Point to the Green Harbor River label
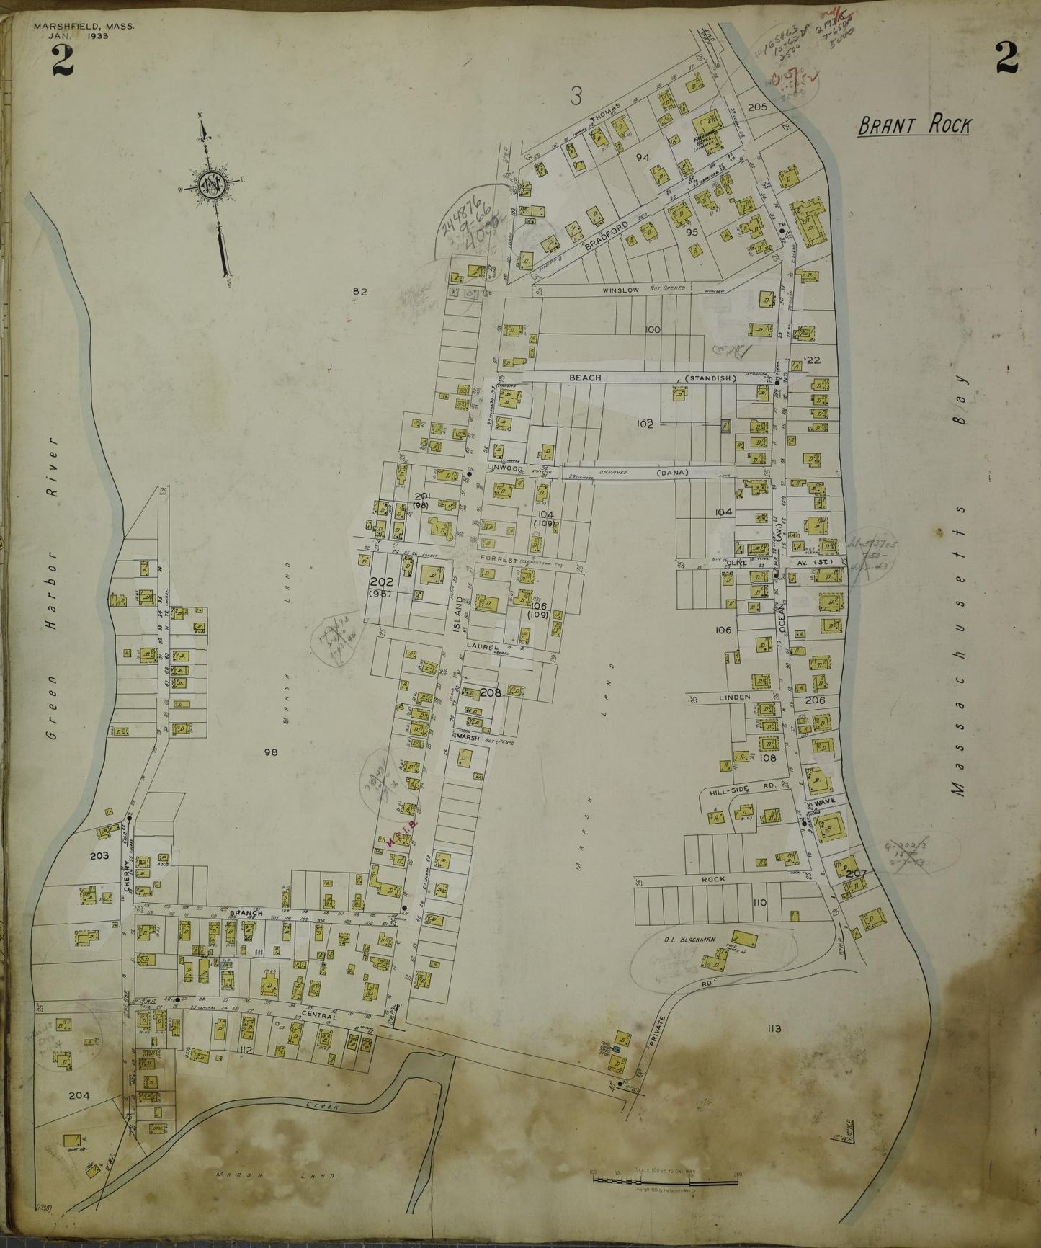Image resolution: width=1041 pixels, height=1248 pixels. click(x=50, y=587)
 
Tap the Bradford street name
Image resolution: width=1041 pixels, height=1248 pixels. click(x=607, y=236)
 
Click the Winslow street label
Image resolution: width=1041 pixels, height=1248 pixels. click(x=622, y=290)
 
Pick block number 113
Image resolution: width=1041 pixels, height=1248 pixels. click(x=774, y=1028)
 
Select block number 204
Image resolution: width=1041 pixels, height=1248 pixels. click(x=79, y=1095)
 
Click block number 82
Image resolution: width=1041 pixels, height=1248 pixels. click(x=360, y=291)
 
